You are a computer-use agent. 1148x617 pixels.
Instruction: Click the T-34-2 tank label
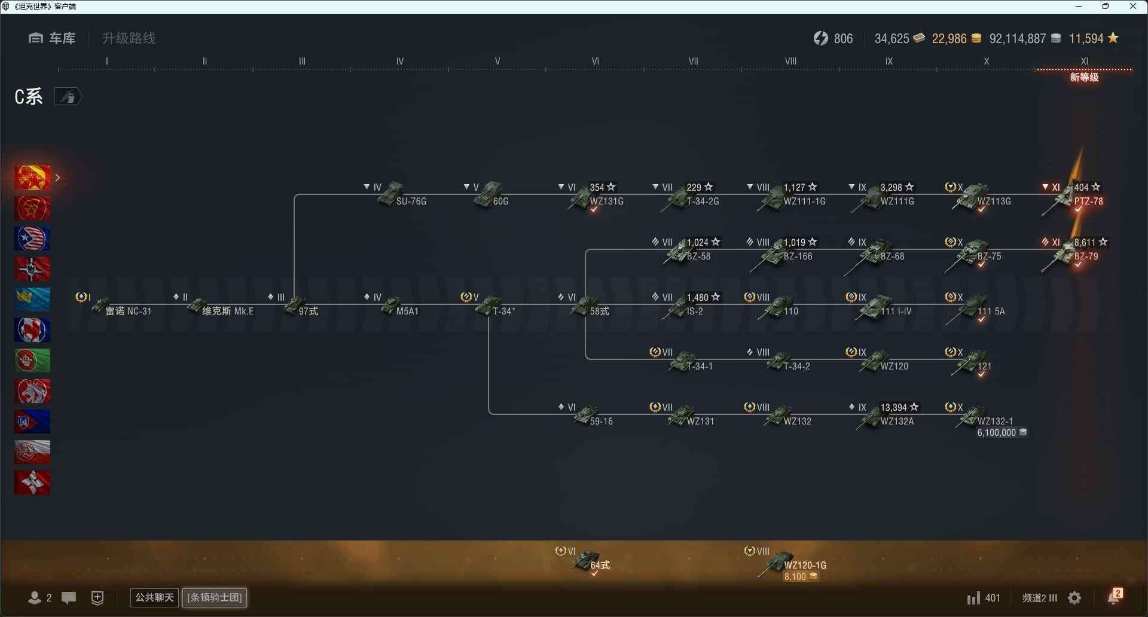pos(796,366)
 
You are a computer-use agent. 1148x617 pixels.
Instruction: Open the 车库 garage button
pos(52,38)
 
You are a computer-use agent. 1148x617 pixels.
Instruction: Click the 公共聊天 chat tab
pos(154,597)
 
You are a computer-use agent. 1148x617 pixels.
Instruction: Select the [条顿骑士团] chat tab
pos(215,597)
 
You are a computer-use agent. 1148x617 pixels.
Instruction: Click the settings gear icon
pos(1074,598)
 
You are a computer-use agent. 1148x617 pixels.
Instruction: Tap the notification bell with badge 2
pos(1115,597)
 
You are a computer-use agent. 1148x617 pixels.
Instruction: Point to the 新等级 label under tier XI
pos(1085,78)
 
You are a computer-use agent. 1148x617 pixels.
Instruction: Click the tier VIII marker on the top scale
pos(790,61)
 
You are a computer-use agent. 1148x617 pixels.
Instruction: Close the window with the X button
pos(1133,7)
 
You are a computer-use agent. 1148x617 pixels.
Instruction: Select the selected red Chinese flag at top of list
pos(32,178)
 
